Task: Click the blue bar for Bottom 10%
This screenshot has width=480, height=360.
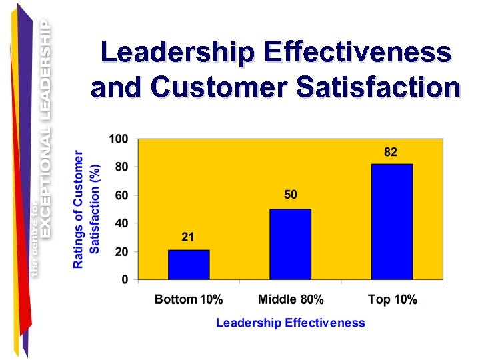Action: [189, 264]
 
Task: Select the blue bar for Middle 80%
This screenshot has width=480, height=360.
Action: [290, 244]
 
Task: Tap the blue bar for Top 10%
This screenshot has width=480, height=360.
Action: [392, 221]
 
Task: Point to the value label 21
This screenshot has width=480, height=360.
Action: [189, 238]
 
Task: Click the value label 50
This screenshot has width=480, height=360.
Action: [291, 195]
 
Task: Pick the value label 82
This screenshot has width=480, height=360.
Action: [391, 152]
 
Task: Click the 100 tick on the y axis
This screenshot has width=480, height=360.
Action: [119, 139]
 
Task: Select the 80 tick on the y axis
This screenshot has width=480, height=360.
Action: [121, 167]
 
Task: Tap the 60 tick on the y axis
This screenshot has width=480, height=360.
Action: [121, 195]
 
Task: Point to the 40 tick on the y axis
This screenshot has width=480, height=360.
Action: [121, 223]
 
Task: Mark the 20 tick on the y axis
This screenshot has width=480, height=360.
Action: [121, 251]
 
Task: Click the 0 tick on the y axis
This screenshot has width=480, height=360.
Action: [125, 279]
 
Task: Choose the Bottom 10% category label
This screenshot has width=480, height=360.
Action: [189, 299]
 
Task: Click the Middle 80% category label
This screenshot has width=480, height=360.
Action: [291, 299]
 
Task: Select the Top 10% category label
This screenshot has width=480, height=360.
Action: [392, 299]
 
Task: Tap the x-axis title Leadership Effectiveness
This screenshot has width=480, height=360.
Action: [291, 323]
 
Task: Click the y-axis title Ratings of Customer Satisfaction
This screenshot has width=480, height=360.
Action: [87, 209]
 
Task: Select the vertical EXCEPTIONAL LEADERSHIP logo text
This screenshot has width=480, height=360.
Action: [45, 127]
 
